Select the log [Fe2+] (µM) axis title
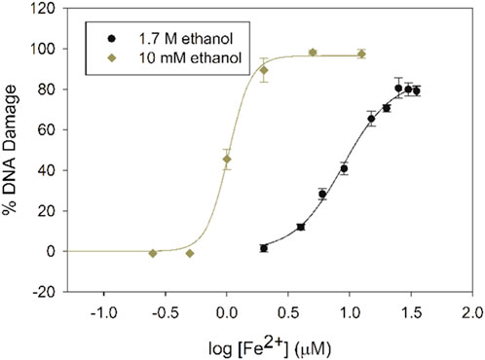(x=264, y=342)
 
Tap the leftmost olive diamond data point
(x=152, y=253)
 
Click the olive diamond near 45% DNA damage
(x=227, y=159)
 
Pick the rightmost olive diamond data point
(x=361, y=54)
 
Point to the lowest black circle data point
(x=263, y=248)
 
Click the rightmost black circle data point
(x=417, y=91)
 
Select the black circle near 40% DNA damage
(x=344, y=168)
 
